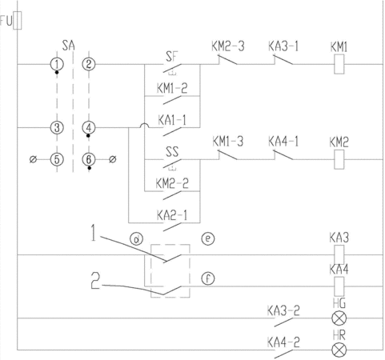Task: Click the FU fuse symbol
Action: point(18,21)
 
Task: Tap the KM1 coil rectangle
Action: point(339,64)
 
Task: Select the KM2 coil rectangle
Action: point(339,159)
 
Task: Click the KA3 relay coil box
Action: point(339,255)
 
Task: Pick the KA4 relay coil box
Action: point(339,286)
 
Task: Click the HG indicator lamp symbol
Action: point(339,318)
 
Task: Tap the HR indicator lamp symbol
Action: point(339,350)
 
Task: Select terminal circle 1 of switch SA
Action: point(57,64)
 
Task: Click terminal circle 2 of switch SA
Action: point(89,64)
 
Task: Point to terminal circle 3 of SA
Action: point(57,128)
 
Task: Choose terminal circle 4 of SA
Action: point(89,128)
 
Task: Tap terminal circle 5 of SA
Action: point(57,159)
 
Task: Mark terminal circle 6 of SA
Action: point(89,159)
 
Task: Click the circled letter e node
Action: point(208,238)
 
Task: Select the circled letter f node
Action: point(208,278)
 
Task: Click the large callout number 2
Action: point(95,281)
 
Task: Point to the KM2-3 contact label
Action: point(228,46)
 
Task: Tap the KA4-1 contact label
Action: point(283,142)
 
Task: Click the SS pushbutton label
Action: point(172,152)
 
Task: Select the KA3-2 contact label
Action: point(283,310)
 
